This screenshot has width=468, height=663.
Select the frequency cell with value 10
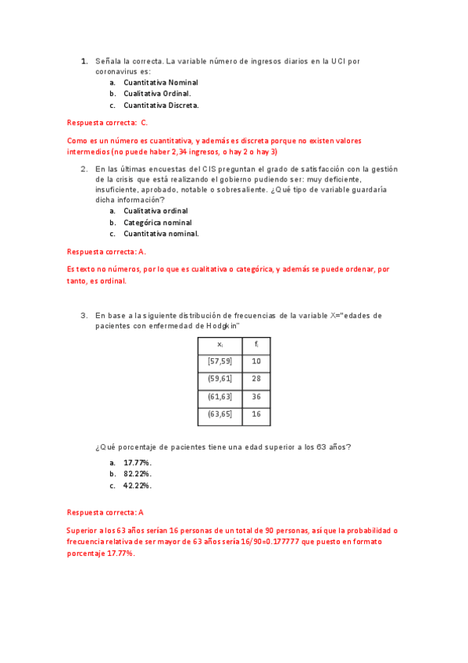click(256, 361)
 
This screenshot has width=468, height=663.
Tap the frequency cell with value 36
click(256, 396)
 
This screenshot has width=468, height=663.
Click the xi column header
click(220, 344)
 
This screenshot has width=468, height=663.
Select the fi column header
click(256, 344)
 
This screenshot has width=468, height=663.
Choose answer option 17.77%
click(138, 463)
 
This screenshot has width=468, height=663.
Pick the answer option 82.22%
click(138, 474)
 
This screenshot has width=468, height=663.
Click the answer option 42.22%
click(138, 486)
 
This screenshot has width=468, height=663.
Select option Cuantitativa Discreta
click(161, 105)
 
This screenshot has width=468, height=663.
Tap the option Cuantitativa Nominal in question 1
click(161, 82)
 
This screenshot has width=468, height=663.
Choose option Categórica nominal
click(158, 222)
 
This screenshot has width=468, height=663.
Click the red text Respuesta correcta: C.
click(108, 123)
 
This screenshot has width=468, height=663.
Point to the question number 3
click(84, 315)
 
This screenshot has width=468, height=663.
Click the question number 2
click(84, 168)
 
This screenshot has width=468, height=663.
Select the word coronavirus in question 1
click(117, 71)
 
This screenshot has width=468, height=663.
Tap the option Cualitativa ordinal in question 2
click(155, 210)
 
